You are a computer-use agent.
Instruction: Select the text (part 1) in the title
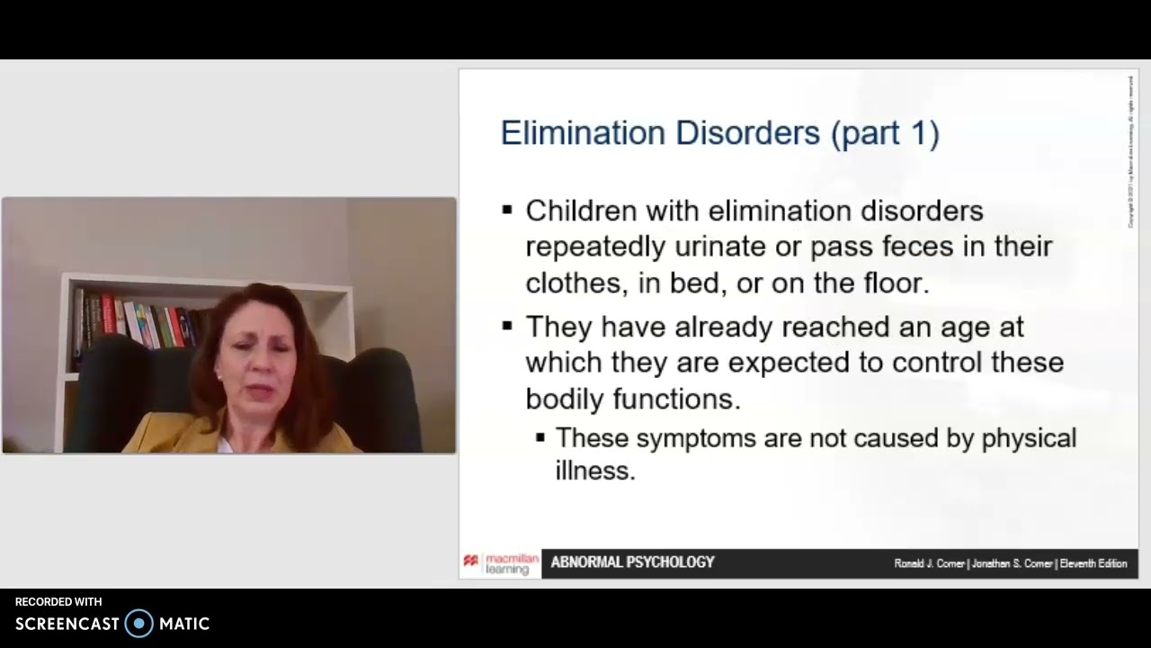(885, 133)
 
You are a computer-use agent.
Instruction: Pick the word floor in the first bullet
(890, 283)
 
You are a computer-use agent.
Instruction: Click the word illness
(594, 470)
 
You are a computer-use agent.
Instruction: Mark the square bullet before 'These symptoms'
(540, 438)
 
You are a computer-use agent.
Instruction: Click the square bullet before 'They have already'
(508, 326)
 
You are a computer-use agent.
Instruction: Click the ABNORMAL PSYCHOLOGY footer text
(632, 562)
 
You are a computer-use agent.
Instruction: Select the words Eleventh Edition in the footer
(1093, 563)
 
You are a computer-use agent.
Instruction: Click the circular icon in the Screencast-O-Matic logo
(139, 623)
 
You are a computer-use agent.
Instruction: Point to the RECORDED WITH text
(58, 602)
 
